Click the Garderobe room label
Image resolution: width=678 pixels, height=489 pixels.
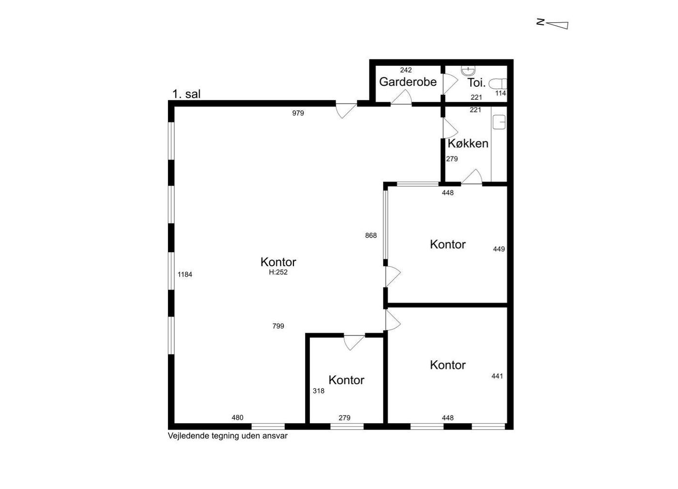pos(408,82)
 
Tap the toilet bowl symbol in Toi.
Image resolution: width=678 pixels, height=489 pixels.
pos(498,83)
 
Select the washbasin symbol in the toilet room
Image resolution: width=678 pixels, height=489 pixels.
pos(468,71)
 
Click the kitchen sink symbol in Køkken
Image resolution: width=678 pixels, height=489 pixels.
pos(499,122)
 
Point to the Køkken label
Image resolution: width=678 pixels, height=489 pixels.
pos(468,143)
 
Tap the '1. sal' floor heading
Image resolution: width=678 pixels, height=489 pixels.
pos(186,94)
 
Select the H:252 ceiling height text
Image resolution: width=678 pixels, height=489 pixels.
pos(278,272)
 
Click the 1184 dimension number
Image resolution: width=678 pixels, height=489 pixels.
pos(185,275)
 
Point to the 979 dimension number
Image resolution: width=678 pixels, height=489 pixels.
pos(298,113)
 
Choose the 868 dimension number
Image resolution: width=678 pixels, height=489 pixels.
pos(371,235)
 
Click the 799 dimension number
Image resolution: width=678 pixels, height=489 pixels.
pos(278,326)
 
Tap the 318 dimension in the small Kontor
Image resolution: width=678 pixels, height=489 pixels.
pos(319,391)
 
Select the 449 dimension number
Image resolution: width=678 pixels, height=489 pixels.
pos(499,249)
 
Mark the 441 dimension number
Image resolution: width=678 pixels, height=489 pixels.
pos(497,376)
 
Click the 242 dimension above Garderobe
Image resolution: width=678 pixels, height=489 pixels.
pos(406,70)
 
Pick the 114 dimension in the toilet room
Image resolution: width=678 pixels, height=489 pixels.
pos(500,93)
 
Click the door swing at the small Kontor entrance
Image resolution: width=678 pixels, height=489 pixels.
pos(354,343)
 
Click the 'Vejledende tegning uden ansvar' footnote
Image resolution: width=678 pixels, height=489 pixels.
pos(228,436)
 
